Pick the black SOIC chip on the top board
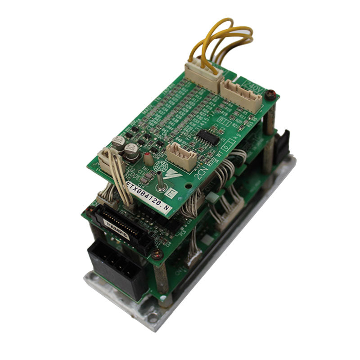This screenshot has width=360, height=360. click(207, 136)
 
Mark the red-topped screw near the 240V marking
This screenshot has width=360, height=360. click(270, 95)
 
